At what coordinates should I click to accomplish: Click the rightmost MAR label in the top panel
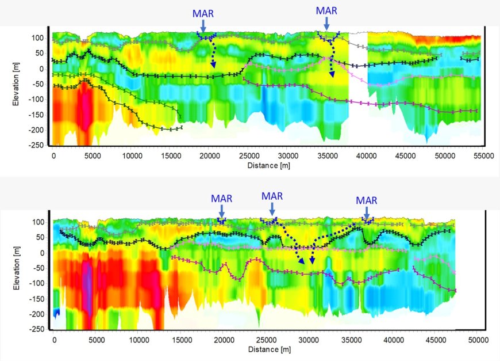pos(326,10)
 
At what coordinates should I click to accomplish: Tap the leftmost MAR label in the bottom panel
pos(221,199)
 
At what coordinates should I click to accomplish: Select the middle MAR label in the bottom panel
pos(272,196)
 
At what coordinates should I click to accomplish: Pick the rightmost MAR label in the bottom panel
pos(367,200)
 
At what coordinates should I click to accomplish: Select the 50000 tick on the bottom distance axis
pos(477,340)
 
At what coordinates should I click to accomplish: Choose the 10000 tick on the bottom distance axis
pos(139,340)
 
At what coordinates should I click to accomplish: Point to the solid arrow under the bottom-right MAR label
pos(367,212)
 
